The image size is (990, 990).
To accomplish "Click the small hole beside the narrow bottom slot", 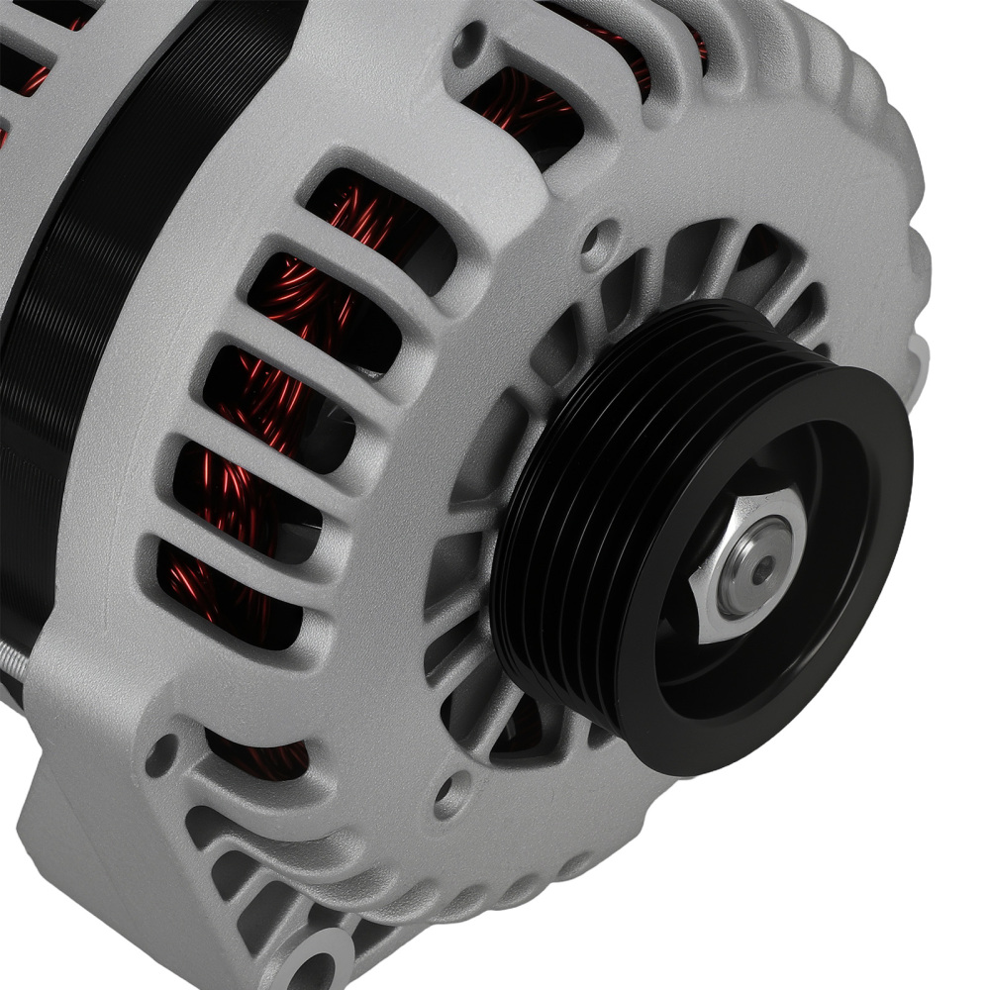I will [161, 755].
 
